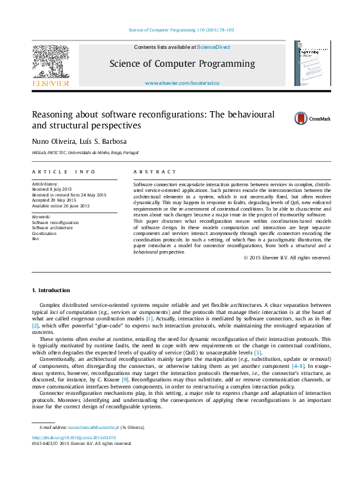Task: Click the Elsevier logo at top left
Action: coord(51,65)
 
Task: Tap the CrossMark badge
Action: coord(313,118)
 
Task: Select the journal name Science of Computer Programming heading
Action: coord(182,64)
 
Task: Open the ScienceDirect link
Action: coord(214,47)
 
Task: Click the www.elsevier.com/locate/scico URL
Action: coord(182,83)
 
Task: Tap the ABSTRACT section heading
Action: coord(155,172)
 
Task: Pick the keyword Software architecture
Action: coord(53,228)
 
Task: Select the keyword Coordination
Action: coord(44,233)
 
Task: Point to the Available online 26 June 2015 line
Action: coord(61,205)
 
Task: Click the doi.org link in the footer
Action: coord(74,437)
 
